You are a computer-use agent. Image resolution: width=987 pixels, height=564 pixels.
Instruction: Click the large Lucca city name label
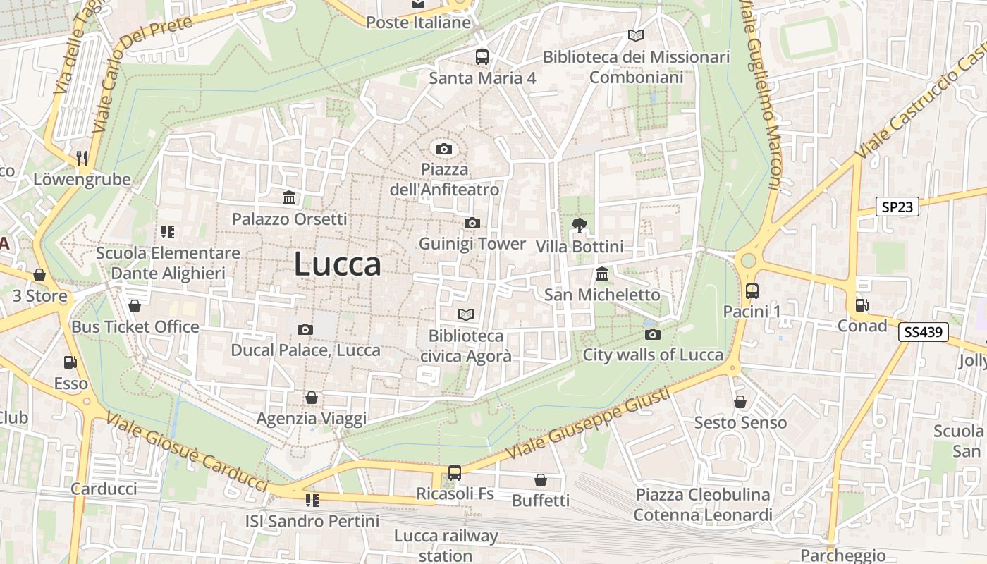(x=338, y=264)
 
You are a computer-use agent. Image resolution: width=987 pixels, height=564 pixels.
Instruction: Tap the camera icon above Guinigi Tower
(x=472, y=223)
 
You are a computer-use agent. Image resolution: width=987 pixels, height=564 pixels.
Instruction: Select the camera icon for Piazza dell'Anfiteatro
(x=443, y=149)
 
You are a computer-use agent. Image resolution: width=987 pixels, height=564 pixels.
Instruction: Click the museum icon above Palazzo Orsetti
(x=289, y=197)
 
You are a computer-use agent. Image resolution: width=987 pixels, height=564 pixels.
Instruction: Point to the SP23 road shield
(x=897, y=207)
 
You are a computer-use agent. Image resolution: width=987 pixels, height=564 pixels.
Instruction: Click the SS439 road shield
(x=923, y=332)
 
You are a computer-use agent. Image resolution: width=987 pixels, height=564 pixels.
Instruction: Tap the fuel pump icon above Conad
(x=862, y=305)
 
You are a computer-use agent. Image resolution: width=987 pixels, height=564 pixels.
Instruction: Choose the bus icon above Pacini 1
(x=752, y=290)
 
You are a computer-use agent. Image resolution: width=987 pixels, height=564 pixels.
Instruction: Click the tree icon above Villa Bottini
(x=580, y=226)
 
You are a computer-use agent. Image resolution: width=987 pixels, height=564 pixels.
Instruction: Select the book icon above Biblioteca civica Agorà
(x=465, y=314)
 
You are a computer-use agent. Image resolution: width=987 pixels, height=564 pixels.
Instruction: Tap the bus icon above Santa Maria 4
(x=482, y=57)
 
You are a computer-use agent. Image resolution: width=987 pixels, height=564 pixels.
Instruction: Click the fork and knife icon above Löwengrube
(x=82, y=159)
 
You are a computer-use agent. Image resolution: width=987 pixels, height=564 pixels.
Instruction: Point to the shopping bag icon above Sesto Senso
(x=740, y=402)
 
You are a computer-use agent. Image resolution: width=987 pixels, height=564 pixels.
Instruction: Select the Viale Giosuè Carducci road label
(x=187, y=451)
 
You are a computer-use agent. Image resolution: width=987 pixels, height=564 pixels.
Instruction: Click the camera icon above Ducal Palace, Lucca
(x=305, y=329)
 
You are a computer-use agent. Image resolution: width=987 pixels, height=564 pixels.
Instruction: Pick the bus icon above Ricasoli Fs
(x=455, y=472)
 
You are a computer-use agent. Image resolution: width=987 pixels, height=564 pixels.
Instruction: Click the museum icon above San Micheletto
(x=602, y=274)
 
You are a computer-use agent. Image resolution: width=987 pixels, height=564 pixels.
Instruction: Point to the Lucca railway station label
(x=446, y=545)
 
